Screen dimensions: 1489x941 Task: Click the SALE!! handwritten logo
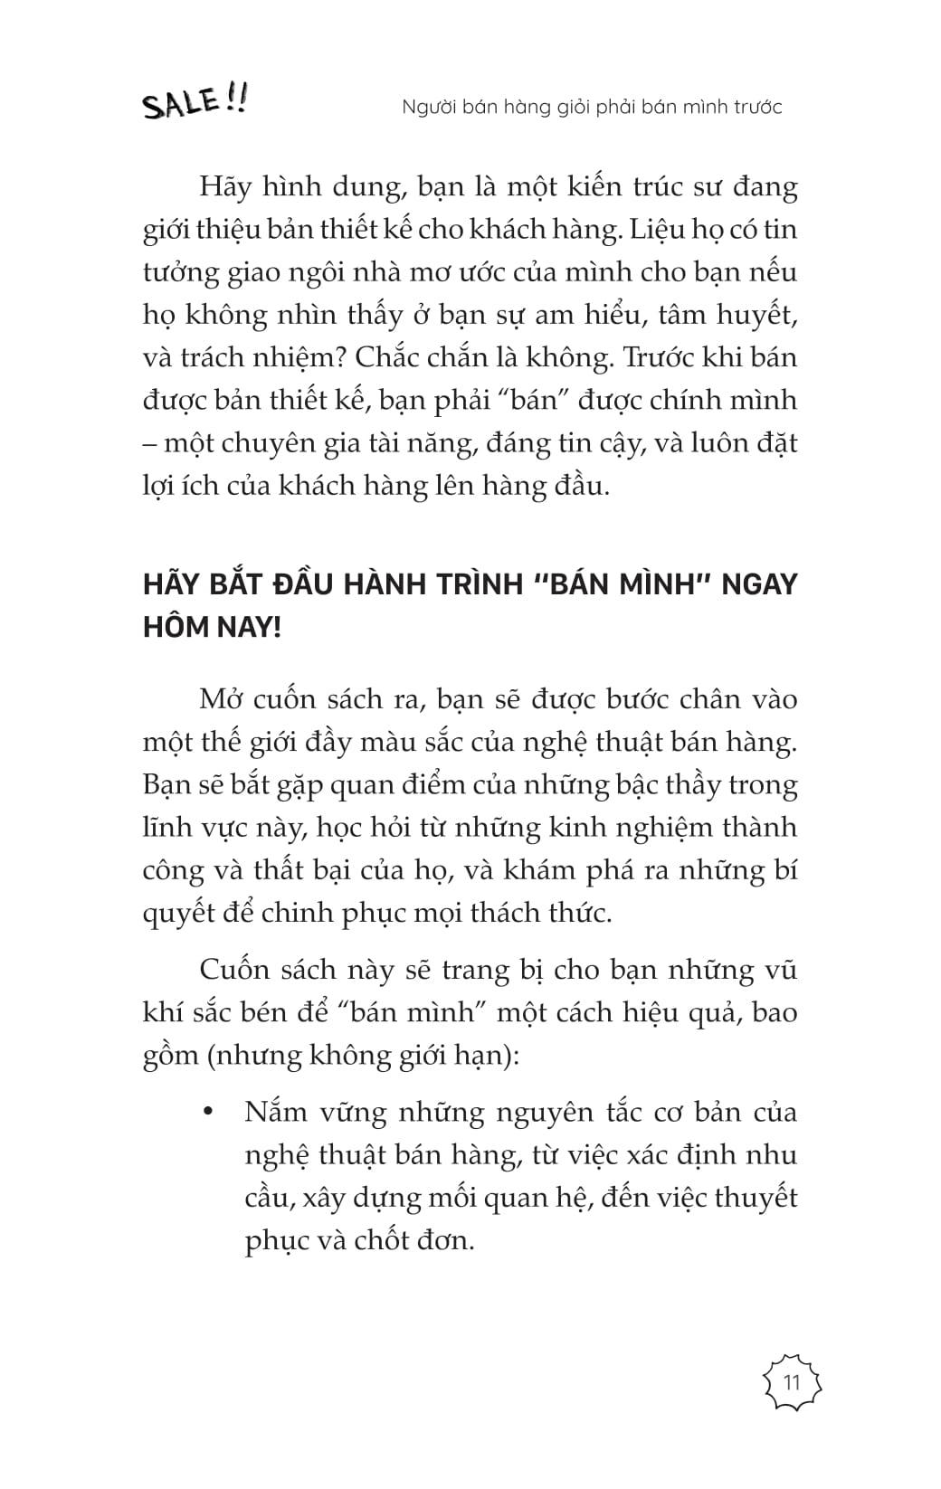click(194, 101)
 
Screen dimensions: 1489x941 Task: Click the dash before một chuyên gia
click(149, 443)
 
